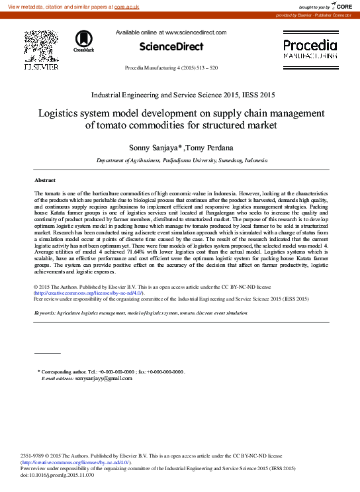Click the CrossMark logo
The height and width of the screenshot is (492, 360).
point(84,41)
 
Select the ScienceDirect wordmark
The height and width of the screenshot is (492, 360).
point(171,46)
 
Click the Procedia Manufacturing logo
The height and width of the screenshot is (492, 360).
point(310,49)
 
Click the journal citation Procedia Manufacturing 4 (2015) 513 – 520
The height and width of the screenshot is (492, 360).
point(171,68)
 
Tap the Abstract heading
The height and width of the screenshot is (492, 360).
point(45,180)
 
